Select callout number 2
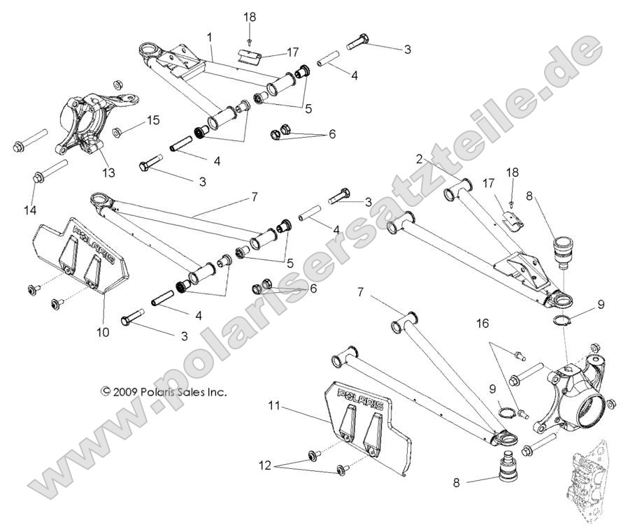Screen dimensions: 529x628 [438, 160]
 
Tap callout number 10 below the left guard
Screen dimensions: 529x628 [102, 333]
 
